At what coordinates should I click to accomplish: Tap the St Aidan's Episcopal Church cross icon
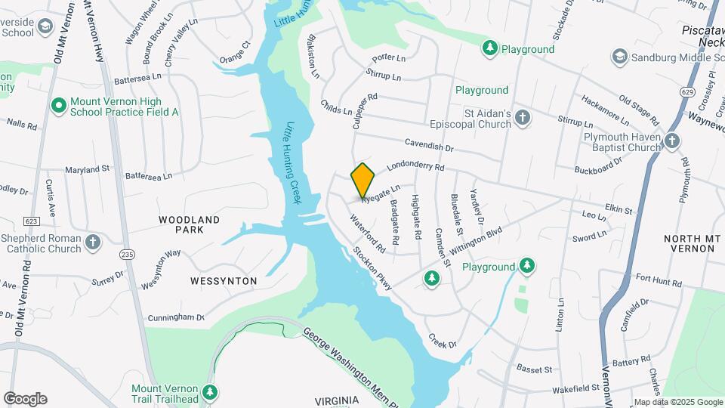523,117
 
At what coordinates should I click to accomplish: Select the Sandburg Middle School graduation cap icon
620,56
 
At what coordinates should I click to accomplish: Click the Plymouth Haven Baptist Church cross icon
672,141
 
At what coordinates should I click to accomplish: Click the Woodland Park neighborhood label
189,224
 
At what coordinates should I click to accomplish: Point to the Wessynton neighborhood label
224,281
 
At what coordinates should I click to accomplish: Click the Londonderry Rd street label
416,166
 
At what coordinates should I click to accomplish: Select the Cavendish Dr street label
428,144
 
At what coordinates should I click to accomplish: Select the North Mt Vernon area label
689,244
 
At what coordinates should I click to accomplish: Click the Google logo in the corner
25,399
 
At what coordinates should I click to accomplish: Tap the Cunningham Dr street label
176,318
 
